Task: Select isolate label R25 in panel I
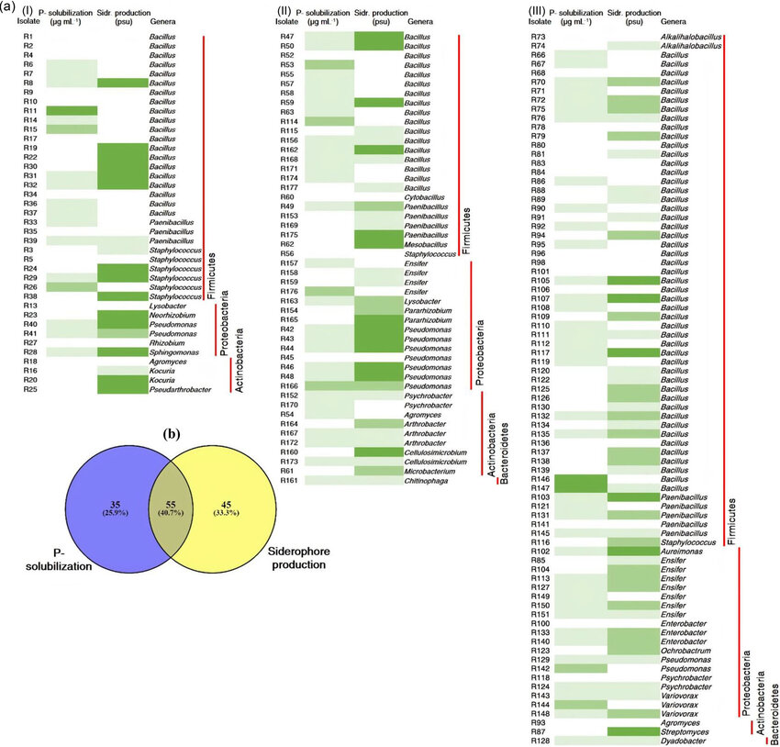tap(29, 389)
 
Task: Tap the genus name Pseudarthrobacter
tap(175, 389)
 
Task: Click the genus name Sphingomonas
tap(173, 351)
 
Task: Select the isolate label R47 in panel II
tap(286, 36)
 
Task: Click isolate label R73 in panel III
tap(539, 36)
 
